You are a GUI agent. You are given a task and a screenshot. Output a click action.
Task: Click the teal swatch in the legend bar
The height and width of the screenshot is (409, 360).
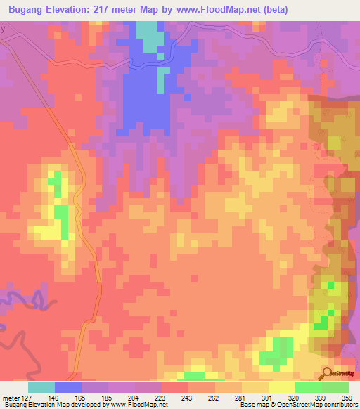point(41,387)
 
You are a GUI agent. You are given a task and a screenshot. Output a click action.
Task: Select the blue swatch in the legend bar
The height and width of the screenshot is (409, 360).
point(68,387)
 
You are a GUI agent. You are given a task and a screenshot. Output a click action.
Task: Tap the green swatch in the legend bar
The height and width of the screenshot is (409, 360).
point(335,387)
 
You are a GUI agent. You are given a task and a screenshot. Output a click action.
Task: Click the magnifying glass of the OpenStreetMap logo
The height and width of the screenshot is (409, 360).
point(326,372)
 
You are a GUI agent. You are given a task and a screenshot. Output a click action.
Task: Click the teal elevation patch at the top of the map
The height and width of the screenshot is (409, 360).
point(148,35)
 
